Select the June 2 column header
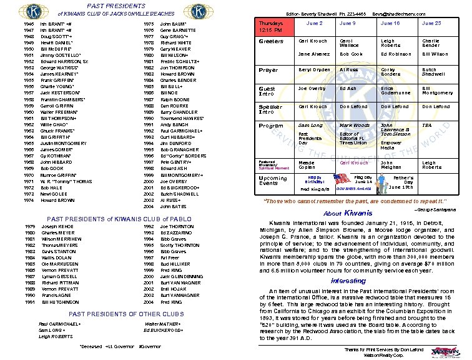(x=315, y=22)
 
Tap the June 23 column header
(x=431, y=22)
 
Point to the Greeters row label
(x=272, y=42)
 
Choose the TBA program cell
(x=426, y=126)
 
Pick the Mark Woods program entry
(x=354, y=126)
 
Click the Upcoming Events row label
(x=273, y=181)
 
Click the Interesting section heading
(x=348, y=281)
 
